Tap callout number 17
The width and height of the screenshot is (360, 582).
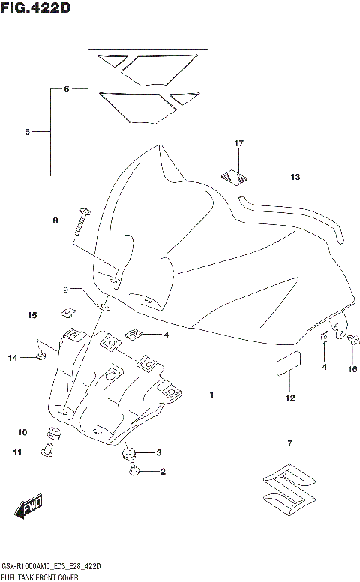pyautogui.click(x=239, y=143)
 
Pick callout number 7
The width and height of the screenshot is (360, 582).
pyautogui.click(x=289, y=444)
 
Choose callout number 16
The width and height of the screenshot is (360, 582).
pyautogui.click(x=352, y=368)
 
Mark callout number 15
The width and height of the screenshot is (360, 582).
pyautogui.click(x=32, y=315)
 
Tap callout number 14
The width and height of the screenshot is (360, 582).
pyautogui.click(x=12, y=358)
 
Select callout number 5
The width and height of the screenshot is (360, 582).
pyautogui.click(x=27, y=132)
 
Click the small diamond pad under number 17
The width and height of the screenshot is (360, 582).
pyautogui.click(x=235, y=178)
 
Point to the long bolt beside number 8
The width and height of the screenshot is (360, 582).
pyautogui.click(x=81, y=225)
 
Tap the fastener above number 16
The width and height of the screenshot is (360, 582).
pyautogui.click(x=351, y=341)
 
